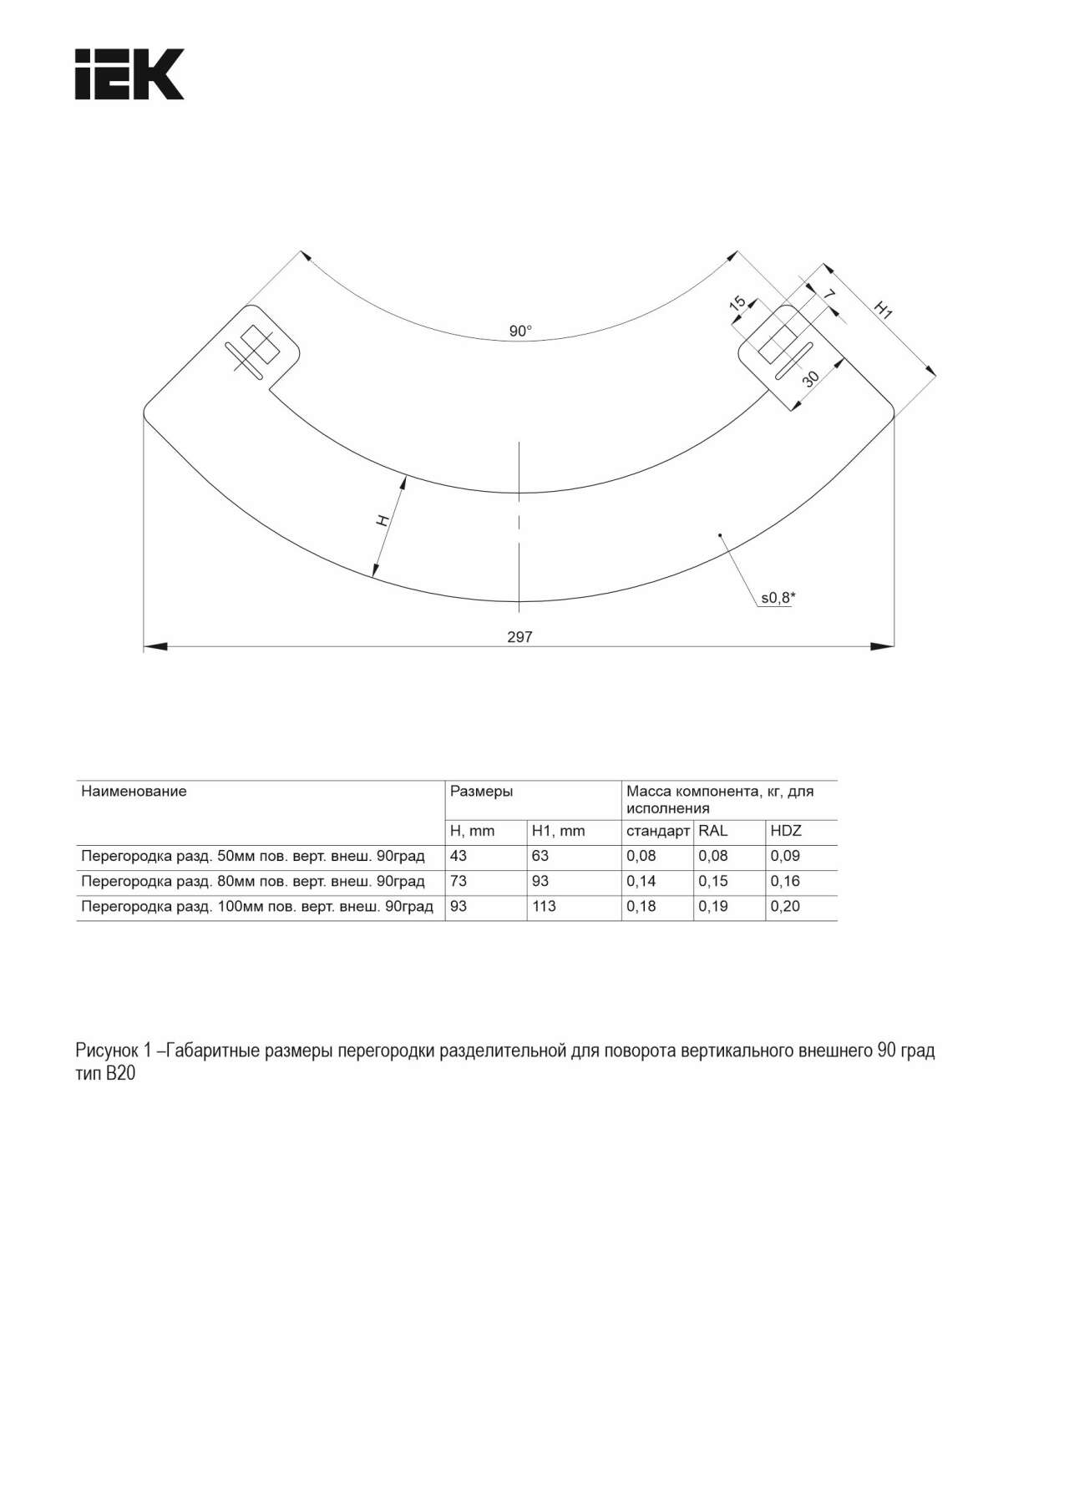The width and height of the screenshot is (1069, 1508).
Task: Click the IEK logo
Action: click(129, 74)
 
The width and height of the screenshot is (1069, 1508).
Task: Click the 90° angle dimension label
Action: click(520, 331)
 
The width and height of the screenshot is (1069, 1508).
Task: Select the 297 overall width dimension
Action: click(519, 637)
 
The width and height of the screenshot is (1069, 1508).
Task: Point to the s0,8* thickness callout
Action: click(778, 597)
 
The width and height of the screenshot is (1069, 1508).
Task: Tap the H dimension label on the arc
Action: click(383, 521)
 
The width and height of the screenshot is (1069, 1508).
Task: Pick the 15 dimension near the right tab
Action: click(737, 303)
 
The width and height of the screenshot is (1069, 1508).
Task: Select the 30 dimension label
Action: click(810, 378)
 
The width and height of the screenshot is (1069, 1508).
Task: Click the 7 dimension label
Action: click(829, 295)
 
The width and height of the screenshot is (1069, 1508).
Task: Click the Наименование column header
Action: click(134, 791)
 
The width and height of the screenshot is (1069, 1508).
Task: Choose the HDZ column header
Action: click(786, 831)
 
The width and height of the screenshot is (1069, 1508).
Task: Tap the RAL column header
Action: click(713, 831)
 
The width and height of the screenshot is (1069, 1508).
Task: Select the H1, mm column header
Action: click(558, 831)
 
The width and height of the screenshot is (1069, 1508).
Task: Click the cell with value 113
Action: click(544, 906)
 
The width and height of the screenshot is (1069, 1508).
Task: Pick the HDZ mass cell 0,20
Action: click(785, 906)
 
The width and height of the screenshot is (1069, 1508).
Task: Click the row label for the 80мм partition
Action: click(252, 881)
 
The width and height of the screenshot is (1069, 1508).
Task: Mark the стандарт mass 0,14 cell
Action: click(641, 881)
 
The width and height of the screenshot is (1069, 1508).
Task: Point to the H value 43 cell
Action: click(459, 856)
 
